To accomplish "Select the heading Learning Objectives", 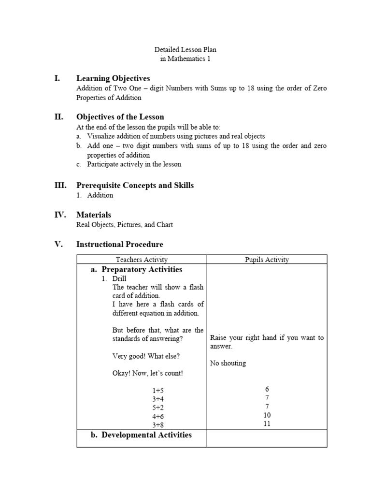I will click(113, 78).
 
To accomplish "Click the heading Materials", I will click(94, 215).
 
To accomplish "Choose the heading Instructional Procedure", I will click(120, 245).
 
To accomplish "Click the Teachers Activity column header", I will click(142, 260).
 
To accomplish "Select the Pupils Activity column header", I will click(267, 260).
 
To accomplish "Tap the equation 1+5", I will click(158, 390).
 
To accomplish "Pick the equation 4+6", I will click(158, 416).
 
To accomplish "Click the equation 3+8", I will click(158, 424).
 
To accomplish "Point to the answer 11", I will click(267, 424).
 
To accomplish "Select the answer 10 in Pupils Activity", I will click(267, 415).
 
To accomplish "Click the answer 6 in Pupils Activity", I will click(267, 389).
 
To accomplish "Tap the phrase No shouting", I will click(228, 363).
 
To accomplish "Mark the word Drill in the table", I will click(119, 279).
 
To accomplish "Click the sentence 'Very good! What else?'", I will click(146, 356).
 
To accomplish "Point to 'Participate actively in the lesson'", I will click(134, 164).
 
